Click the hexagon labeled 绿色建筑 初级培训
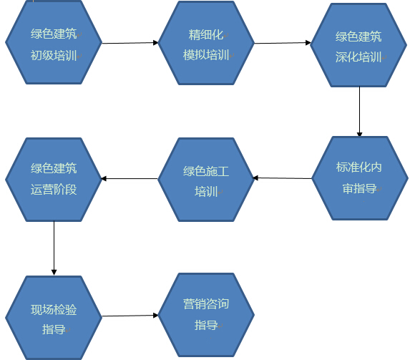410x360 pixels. coord(54,42)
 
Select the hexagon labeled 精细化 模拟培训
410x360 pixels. coord(206,43)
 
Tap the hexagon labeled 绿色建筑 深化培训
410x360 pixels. coord(358,45)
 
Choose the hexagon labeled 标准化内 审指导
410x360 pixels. coord(360,178)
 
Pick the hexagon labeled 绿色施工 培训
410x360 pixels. coord(206,180)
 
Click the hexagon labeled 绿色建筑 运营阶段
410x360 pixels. coord(54,180)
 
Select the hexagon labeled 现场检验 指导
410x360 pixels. coord(54,318)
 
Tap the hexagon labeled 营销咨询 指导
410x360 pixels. coord(206,315)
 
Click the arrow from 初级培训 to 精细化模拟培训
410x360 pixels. coord(130,43)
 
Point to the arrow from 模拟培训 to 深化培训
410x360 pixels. coord(283,43)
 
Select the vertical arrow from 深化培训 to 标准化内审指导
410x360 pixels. coord(359,112)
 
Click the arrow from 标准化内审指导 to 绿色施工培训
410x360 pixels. coord(283,178)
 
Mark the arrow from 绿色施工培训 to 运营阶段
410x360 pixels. coord(130,179)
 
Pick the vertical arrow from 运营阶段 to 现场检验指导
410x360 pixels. coord(54,248)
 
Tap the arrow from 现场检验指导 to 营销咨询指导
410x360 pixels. coord(130,316)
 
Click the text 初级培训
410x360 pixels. coord(54,55)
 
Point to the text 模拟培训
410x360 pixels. coord(206,55)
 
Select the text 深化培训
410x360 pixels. coord(358,57)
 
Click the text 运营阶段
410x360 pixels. coord(54,190)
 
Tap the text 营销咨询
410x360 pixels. coord(206,303)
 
